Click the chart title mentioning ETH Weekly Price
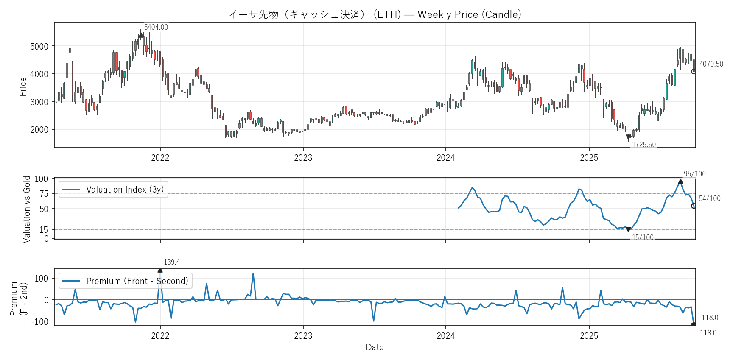[375, 14]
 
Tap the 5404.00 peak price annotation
[156, 27]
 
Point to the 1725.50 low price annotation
[643, 145]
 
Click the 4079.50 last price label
[711, 64]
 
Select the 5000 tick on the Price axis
[39, 46]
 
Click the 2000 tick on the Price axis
[39, 130]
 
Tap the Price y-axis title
[23, 87]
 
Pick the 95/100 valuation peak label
[694, 174]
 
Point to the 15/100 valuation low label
[643, 237]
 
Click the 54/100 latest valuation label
[709, 198]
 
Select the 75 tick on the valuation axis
[44, 194]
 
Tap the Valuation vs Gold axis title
[27, 209]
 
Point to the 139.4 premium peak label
[172, 262]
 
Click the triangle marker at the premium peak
[160, 270]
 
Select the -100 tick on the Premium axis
[40, 322]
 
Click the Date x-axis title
[375, 347]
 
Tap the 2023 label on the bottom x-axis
[303, 336]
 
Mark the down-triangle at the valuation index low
[628, 229]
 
